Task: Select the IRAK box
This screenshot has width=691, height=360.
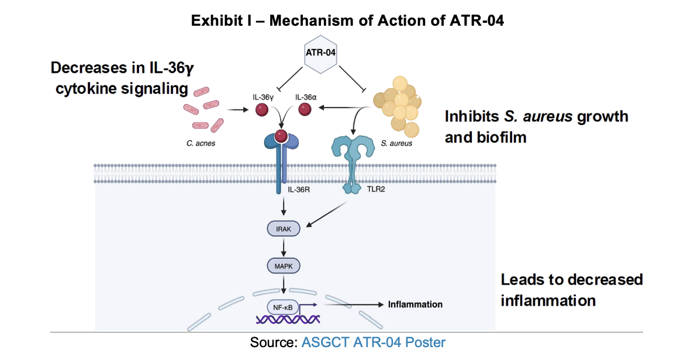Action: tap(283, 229)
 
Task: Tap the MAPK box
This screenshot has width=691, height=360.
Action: tap(283, 266)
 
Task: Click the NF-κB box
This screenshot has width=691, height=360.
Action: tap(283, 304)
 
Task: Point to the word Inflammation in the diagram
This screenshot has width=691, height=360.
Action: tap(415, 304)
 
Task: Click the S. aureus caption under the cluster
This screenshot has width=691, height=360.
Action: tap(398, 143)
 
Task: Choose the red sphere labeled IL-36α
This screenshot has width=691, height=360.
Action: tap(305, 109)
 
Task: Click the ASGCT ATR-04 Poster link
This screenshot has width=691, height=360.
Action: tap(373, 342)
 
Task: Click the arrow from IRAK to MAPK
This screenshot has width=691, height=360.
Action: tap(283, 248)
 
